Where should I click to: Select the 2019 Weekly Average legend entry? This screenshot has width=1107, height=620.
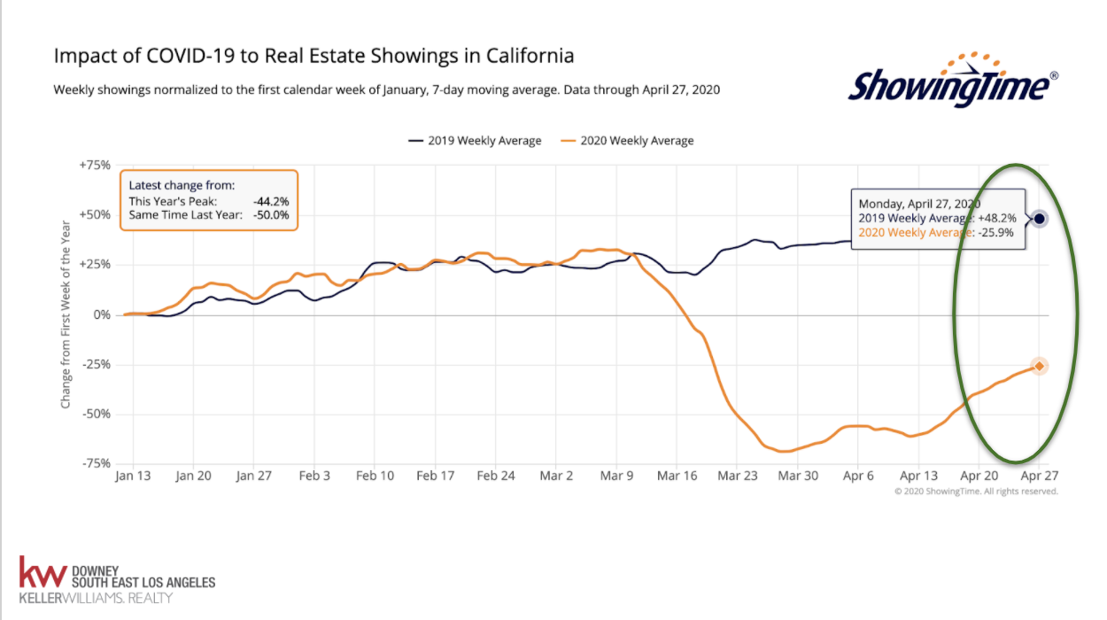tap(475, 141)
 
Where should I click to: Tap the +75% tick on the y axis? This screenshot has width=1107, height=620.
tap(96, 166)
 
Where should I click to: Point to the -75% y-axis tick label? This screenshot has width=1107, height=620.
tap(97, 463)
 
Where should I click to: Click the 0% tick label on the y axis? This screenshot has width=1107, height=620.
tap(103, 314)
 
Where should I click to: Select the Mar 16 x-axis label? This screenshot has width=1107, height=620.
tap(677, 476)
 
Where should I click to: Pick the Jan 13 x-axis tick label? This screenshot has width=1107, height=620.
tap(133, 476)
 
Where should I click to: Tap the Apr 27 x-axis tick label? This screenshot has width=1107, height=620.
tap(1040, 476)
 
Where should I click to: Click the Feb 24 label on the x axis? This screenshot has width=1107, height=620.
tap(496, 476)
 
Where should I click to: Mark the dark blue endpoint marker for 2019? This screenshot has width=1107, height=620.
tap(1040, 219)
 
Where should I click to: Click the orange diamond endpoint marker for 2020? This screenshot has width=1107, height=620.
tap(1040, 366)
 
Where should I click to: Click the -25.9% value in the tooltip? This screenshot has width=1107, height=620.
tap(997, 234)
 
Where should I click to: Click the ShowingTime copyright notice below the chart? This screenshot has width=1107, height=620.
tap(976, 491)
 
